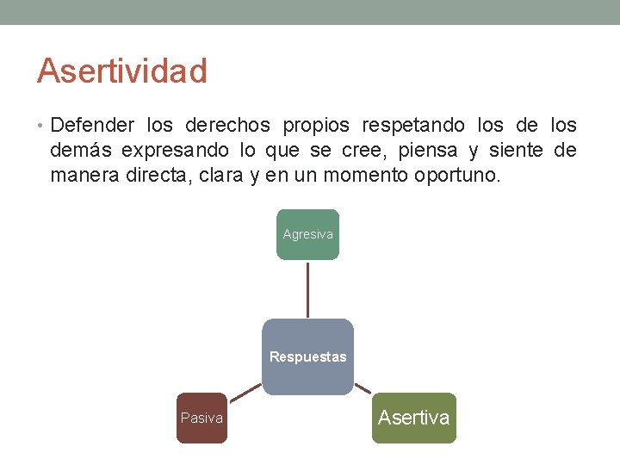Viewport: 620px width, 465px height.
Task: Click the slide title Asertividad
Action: click(121, 71)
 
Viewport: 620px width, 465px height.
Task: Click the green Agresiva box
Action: click(307, 234)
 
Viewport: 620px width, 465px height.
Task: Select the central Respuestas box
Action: click(307, 356)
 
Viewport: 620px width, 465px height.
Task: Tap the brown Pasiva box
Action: click(201, 418)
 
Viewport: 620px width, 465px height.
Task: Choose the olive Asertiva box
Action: click(413, 418)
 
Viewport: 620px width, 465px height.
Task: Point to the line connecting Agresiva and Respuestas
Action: click(307, 288)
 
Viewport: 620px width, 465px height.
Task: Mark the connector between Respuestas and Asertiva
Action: click(363, 388)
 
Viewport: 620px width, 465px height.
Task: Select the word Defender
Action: click(92, 126)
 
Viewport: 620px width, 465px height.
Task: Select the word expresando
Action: click(175, 151)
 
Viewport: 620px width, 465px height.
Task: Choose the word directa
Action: click(152, 176)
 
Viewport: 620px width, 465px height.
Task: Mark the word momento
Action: click(370, 176)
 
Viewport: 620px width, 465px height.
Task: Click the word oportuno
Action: click(457, 176)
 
